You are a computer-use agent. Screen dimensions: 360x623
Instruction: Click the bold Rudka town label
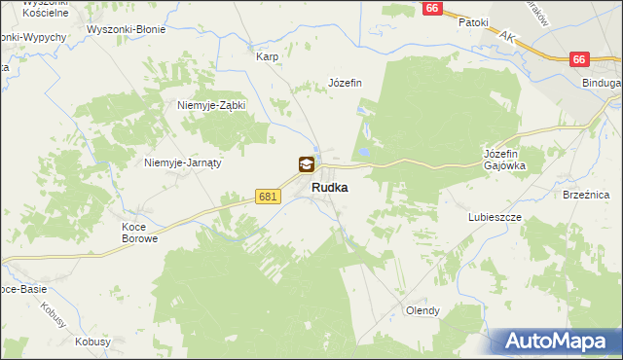point(331,189)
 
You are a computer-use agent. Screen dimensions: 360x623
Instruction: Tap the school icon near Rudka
point(307,165)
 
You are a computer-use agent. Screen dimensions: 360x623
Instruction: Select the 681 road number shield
point(269,197)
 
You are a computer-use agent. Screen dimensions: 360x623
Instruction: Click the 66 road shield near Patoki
point(434,8)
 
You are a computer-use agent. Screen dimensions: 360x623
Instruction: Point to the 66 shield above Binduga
point(579,59)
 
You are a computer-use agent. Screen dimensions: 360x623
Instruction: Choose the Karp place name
point(267,56)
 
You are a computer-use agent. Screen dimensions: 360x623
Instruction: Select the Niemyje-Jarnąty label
point(183,162)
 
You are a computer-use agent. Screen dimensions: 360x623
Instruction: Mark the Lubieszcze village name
point(495,217)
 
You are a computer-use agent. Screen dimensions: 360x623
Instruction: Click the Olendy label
point(422,311)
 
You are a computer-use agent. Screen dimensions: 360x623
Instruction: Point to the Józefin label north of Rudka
point(346,83)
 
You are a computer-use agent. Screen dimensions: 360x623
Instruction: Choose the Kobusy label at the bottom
point(91,342)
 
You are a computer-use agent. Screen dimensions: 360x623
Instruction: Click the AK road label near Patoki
point(506,36)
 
